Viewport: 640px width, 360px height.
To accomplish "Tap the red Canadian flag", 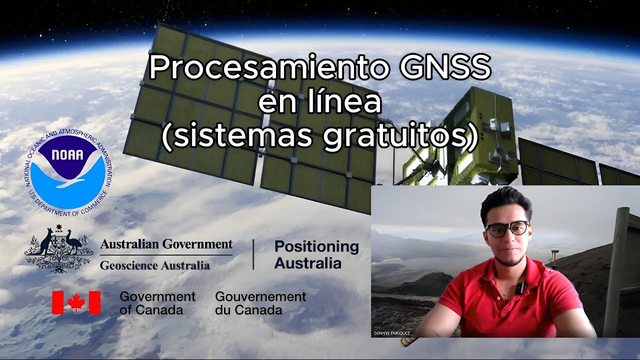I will pos(76,302).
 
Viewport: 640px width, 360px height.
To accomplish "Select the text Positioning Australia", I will pos(316,254).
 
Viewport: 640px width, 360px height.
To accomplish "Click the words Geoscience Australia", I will pos(154,265).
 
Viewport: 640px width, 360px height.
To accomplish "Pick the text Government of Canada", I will pos(157,303).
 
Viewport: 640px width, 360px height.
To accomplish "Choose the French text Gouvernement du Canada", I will pos(260,303).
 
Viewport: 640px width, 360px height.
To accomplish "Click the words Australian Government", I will pos(166,244).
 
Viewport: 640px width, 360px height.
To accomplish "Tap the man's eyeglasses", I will pos(507,228).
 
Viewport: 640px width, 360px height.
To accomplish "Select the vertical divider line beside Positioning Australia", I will pos(253,254).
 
